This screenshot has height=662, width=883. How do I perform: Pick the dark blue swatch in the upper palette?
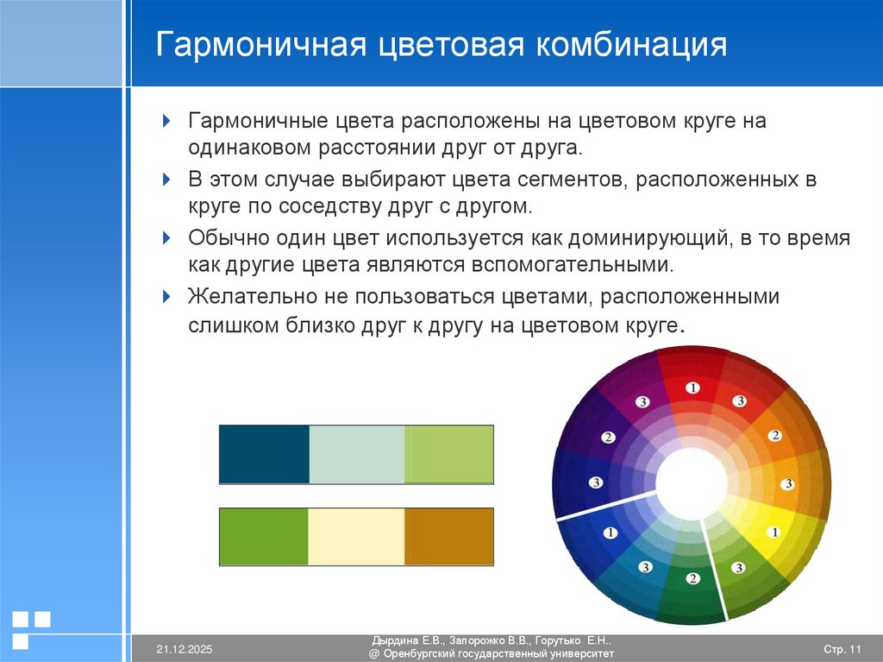pyautogui.click(x=264, y=454)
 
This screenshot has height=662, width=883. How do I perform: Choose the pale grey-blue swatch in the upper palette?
pyautogui.click(x=356, y=454)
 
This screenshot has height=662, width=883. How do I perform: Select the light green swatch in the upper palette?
pyautogui.click(x=448, y=454)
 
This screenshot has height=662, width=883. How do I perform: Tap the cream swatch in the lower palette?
pyautogui.click(x=356, y=537)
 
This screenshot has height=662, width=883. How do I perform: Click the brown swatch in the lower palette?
pyautogui.click(x=448, y=537)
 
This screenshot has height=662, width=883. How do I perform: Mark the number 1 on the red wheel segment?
pyautogui.click(x=692, y=388)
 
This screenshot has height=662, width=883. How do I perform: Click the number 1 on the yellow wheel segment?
pyautogui.click(x=774, y=533)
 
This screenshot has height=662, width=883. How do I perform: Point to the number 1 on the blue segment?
pyautogui.click(x=611, y=533)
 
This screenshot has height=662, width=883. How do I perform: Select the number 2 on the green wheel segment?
pyautogui.click(x=692, y=577)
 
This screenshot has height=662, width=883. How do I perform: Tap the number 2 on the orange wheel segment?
pyautogui.click(x=774, y=436)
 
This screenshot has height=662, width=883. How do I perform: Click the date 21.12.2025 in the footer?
pyautogui.click(x=184, y=648)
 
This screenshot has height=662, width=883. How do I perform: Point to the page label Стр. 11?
pyautogui.click(x=842, y=648)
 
